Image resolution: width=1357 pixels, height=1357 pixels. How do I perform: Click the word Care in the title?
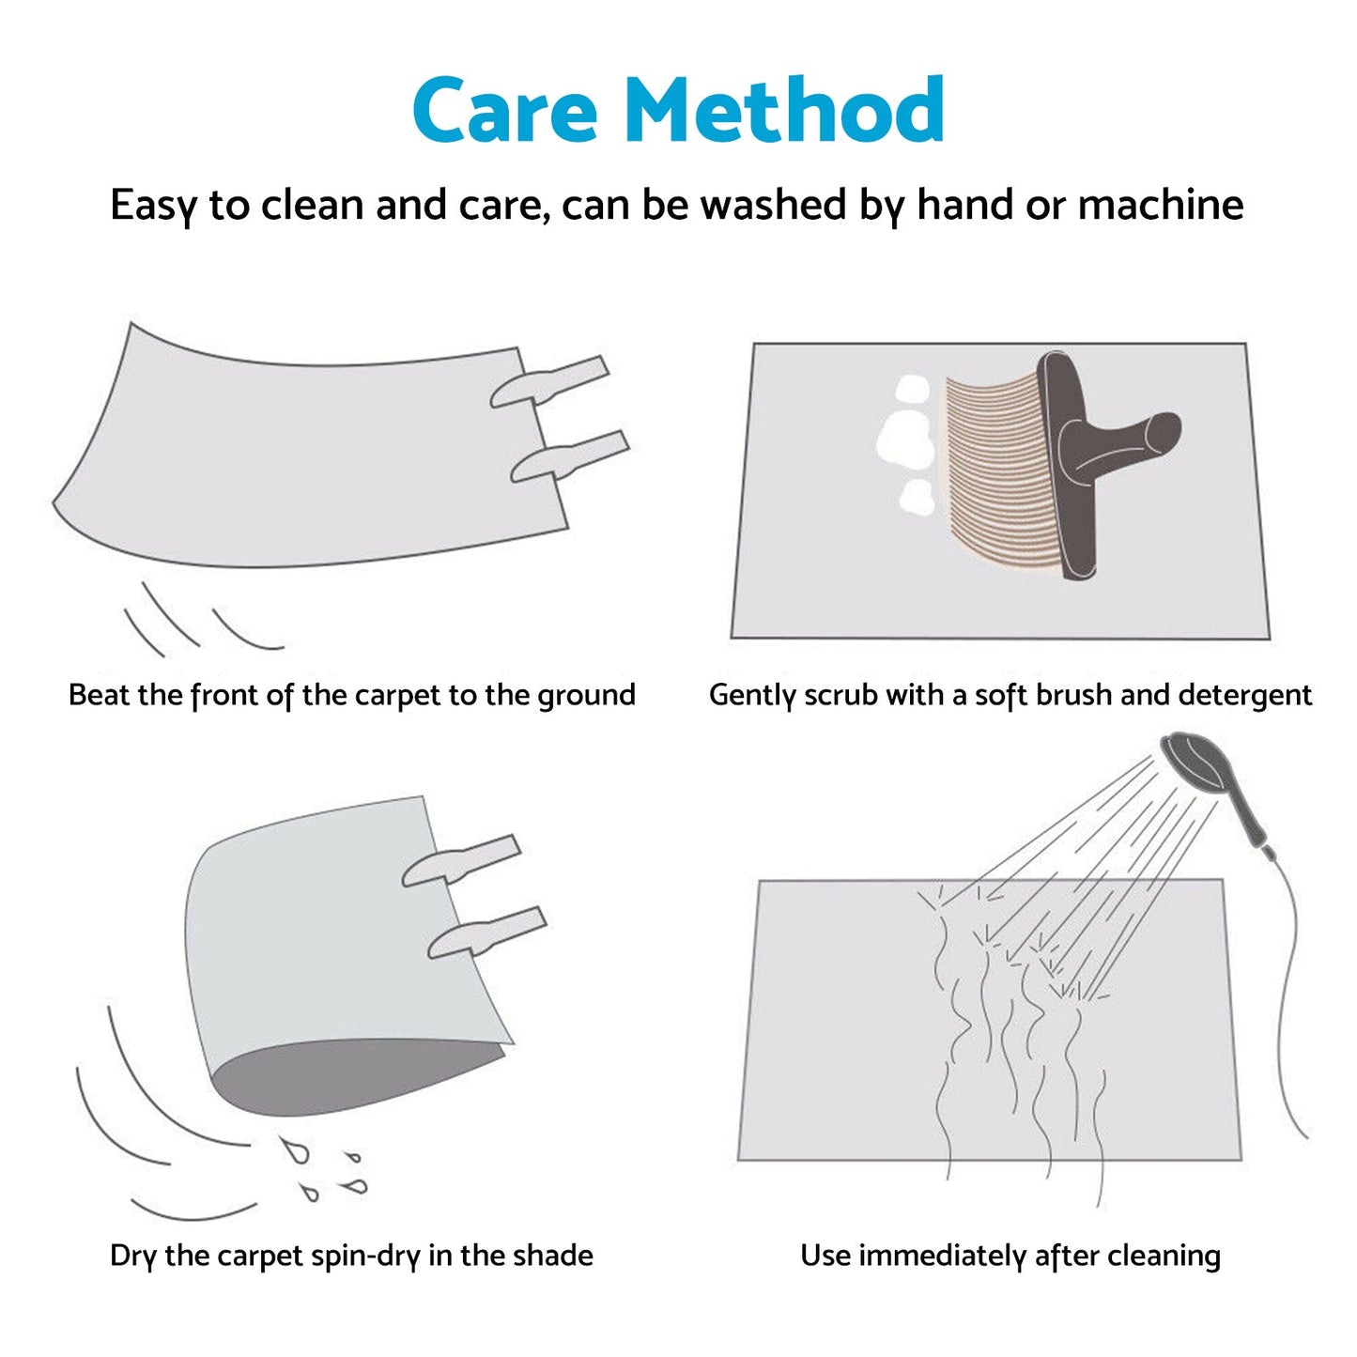click(505, 110)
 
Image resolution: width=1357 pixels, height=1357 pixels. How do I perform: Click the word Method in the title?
click(784, 108)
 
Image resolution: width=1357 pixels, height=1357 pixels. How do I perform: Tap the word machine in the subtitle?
click(1161, 205)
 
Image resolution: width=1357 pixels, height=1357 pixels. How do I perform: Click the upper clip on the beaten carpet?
click(549, 382)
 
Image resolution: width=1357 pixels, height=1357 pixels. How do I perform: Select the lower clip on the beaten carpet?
click(570, 457)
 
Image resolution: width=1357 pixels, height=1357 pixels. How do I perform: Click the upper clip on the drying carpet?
click(461, 860)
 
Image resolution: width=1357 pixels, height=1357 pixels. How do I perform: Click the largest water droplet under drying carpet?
click(295, 1149)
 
